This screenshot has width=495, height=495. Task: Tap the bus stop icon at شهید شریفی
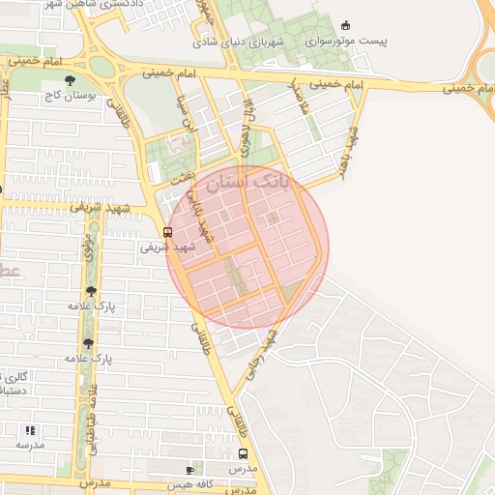pos(168,232)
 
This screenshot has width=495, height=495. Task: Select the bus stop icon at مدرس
pos(242,452)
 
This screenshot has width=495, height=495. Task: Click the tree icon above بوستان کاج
pos(68,81)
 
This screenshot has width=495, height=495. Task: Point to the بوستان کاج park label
pos(66,97)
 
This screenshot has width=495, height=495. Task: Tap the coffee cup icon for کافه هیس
pos(200,468)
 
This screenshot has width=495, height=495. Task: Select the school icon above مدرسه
pos(29,429)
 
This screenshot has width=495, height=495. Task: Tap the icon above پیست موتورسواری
pos(346,25)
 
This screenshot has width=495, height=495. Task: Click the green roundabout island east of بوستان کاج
pos(102,66)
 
